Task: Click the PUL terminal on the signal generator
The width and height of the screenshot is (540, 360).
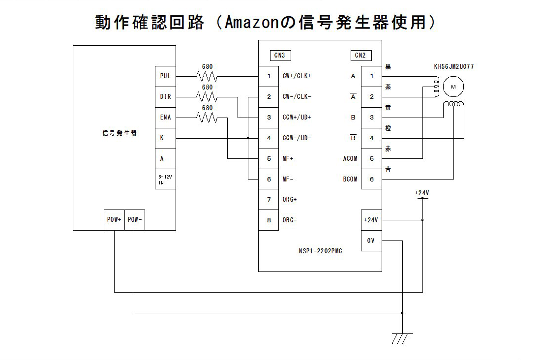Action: click(165, 76)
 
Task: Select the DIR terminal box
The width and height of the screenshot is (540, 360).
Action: click(165, 97)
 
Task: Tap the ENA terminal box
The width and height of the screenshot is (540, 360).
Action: click(165, 118)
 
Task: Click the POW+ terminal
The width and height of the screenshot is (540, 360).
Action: click(114, 220)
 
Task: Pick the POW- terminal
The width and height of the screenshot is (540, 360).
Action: click(135, 220)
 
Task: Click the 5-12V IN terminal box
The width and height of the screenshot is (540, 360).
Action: click(165, 180)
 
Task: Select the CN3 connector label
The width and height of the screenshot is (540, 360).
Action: click(279, 56)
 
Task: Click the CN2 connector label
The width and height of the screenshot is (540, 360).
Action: click(360, 56)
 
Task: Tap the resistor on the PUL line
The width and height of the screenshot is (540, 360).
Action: click(207, 76)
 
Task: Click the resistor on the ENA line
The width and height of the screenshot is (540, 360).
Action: click(207, 118)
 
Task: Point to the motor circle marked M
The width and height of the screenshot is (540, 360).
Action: click(453, 87)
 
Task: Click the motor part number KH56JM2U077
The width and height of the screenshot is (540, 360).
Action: click(453, 66)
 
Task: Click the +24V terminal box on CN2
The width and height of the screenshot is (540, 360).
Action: click(371, 220)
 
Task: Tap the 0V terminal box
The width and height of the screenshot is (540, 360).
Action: click(371, 240)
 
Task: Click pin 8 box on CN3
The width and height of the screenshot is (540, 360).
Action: click(269, 220)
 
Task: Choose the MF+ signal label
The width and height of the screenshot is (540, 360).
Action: click(289, 159)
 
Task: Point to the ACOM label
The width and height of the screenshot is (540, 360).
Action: click(350, 159)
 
